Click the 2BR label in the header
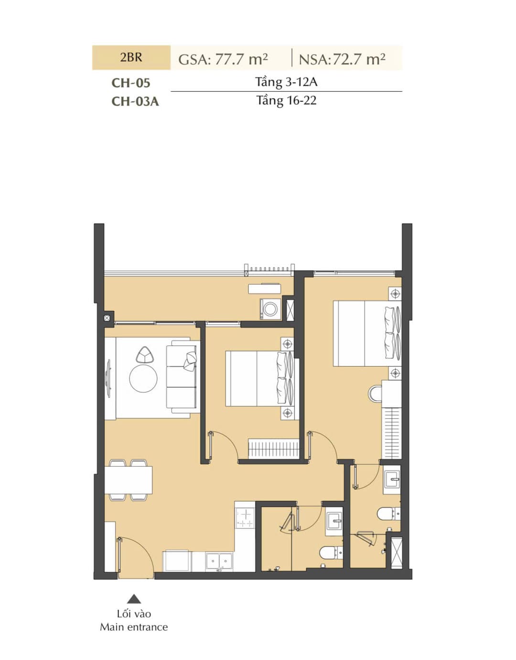pyautogui.click(x=131, y=57)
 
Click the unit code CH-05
pyautogui.click(x=131, y=83)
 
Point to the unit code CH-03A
pyautogui.click(x=135, y=101)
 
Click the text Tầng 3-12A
pyautogui.click(x=286, y=82)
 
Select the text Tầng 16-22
pyautogui.click(x=286, y=100)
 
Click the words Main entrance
pyautogui.click(x=134, y=627)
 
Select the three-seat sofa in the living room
pyautogui.click(x=183, y=377)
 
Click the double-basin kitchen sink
pyautogui.click(x=219, y=561)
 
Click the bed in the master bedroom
pyautogui.click(x=367, y=333)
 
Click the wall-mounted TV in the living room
pyautogui.click(x=107, y=378)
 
